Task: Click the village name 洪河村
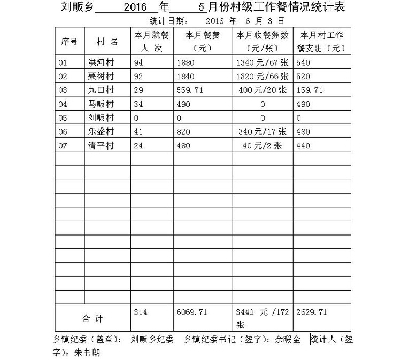[x=101, y=62]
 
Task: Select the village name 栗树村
[x=101, y=76]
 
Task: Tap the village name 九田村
[x=101, y=90]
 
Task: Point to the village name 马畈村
[x=101, y=104]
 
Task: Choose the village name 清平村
[x=101, y=145]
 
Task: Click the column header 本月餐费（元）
[x=203, y=42]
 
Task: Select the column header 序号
[x=70, y=42]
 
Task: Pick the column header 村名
[x=107, y=42]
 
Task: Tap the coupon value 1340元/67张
[x=262, y=62]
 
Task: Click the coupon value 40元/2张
[x=262, y=145]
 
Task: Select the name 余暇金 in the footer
[x=288, y=339]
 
